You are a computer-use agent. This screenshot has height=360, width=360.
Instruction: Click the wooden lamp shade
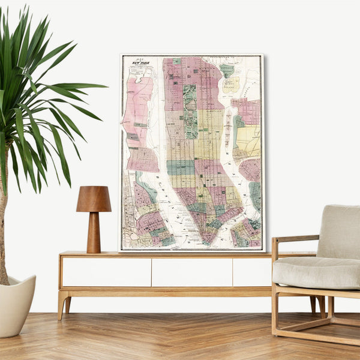click(x=94, y=199)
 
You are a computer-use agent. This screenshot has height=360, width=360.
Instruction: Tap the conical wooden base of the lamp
click(x=94, y=233)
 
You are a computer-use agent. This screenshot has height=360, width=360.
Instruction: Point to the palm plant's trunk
click(x=3, y=240)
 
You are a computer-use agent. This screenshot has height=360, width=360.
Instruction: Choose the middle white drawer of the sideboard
click(x=191, y=272)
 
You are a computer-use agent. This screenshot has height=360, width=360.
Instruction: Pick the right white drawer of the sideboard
click(x=251, y=272)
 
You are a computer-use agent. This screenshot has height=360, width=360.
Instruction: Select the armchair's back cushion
click(x=339, y=231)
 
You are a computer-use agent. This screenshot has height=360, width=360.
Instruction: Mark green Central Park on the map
click(x=190, y=111)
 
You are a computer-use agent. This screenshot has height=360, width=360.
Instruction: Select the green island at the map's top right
click(x=227, y=70)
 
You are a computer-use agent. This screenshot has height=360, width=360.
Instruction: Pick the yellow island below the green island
click(x=231, y=85)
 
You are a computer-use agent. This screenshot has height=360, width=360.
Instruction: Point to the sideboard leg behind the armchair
click(x=313, y=304)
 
